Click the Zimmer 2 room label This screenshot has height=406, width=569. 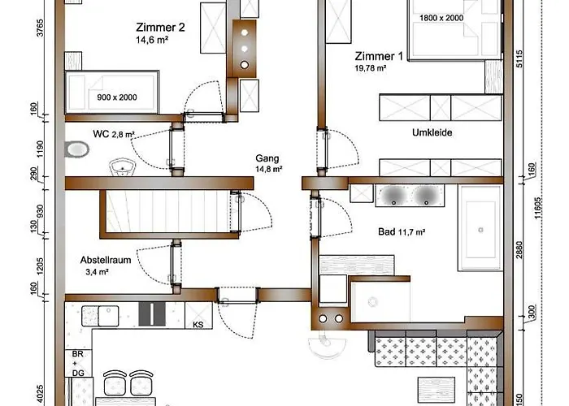click(160, 27)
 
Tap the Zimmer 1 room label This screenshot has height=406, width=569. click(379, 56)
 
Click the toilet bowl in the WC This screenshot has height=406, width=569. click(78, 149)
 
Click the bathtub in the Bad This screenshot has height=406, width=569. click(482, 228)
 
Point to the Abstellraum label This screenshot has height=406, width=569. click(102, 261)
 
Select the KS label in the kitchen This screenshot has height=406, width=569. click(198, 324)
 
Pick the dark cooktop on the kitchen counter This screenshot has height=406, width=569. click(151, 313)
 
